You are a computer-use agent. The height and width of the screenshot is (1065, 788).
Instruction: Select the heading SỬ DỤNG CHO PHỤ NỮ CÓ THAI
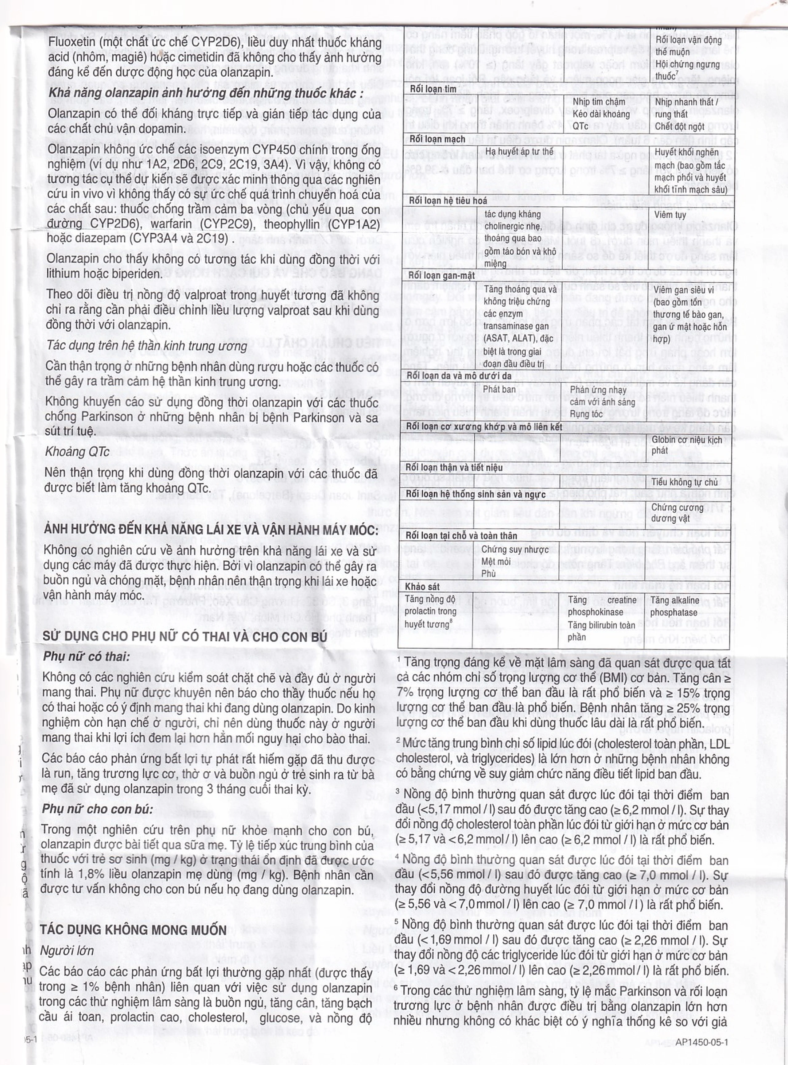(186, 636)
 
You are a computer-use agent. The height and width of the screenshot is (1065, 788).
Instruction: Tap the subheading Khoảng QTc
(77, 451)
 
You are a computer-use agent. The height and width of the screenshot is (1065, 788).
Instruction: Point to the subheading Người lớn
(67, 950)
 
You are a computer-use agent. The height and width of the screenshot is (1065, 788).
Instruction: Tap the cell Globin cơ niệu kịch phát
(686, 445)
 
